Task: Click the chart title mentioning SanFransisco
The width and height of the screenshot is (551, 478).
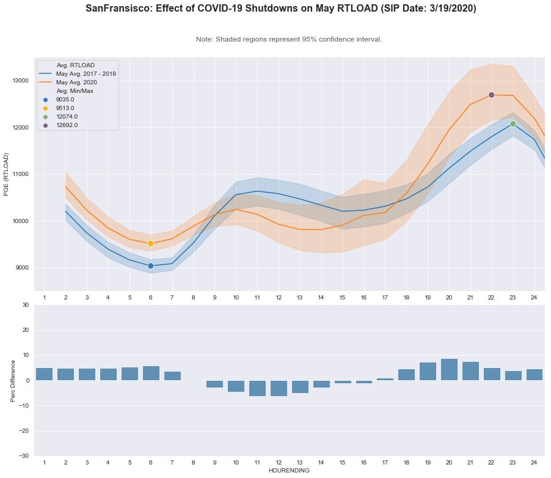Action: click(x=280, y=9)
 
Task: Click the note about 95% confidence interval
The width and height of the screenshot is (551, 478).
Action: click(x=289, y=39)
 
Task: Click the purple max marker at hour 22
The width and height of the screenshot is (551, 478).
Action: click(x=491, y=95)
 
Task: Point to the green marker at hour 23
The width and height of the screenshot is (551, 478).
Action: click(x=513, y=124)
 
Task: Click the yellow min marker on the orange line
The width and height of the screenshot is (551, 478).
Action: click(x=150, y=243)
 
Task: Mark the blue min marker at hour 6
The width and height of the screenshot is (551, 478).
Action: click(x=150, y=266)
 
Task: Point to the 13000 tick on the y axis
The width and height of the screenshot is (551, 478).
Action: click(x=20, y=81)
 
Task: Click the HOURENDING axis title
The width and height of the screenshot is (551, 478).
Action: click(x=289, y=471)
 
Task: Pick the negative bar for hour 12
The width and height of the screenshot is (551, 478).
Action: click(x=279, y=388)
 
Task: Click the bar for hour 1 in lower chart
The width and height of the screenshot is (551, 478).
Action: click(x=44, y=374)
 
